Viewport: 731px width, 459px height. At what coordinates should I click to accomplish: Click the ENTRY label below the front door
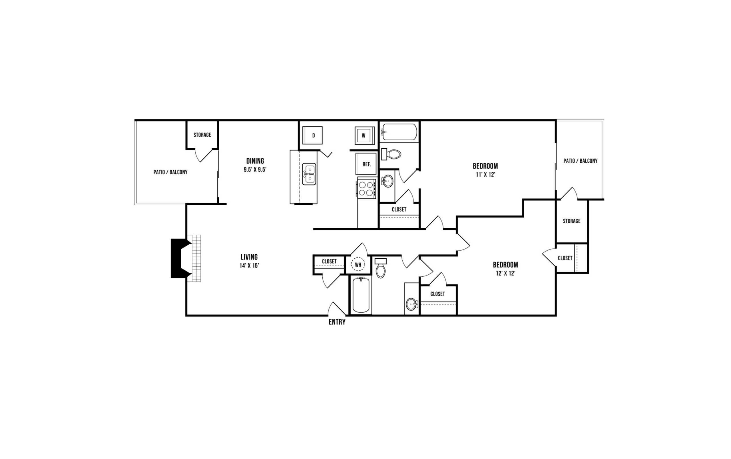click(337, 322)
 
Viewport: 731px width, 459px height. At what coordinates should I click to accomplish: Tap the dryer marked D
click(313, 135)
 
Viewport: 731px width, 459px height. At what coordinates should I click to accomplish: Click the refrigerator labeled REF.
click(366, 164)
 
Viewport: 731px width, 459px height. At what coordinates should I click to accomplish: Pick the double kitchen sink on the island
click(309, 174)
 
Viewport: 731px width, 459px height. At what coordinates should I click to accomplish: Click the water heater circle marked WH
click(358, 265)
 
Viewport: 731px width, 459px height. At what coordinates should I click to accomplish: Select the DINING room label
click(255, 161)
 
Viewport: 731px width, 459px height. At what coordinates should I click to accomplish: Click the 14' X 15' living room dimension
click(249, 266)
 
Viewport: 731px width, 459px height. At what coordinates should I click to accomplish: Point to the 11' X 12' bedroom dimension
click(485, 175)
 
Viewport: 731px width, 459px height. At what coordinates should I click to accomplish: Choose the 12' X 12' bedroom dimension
click(505, 273)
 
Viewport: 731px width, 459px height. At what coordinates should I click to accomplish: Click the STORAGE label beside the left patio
click(202, 135)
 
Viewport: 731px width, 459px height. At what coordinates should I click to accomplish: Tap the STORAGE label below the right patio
click(571, 221)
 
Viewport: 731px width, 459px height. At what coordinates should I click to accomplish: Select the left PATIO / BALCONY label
click(170, 172)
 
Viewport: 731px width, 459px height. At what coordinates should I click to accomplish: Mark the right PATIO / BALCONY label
click(580, 161)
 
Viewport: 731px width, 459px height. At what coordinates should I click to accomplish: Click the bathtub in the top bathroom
click(399, 132)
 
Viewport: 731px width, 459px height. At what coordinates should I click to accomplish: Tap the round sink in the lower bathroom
click(411, 304)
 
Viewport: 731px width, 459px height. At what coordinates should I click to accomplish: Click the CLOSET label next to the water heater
click(329, 262)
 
